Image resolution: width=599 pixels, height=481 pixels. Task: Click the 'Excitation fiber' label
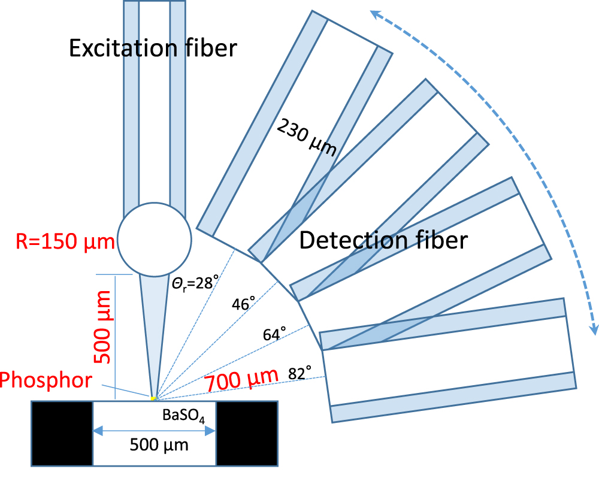pos(153,47)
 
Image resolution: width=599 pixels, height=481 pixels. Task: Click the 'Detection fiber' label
pos(383,241)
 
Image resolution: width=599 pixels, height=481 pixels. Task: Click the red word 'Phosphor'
pos(46,380)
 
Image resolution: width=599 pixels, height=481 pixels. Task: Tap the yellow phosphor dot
pos(153,398)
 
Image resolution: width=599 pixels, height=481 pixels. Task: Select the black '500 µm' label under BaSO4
pos(159,445)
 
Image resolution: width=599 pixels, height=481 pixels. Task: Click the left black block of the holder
pos(62,433)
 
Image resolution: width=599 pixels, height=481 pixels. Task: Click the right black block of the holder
pos(247,433)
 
